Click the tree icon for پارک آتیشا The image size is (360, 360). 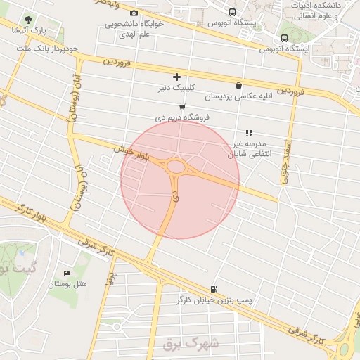click(28, 19)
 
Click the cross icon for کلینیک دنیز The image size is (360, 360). click(176, 77)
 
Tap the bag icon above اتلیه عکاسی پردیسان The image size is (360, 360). click(239, 84)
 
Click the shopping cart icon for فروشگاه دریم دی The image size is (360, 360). click(182, 107)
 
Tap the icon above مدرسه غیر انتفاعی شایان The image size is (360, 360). click(248, 132)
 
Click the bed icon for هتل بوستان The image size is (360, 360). click(67, 273)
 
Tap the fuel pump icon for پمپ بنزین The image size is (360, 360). click(214, 288)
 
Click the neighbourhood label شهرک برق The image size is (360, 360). click(191, 344)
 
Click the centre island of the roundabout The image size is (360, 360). click(175, 167)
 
